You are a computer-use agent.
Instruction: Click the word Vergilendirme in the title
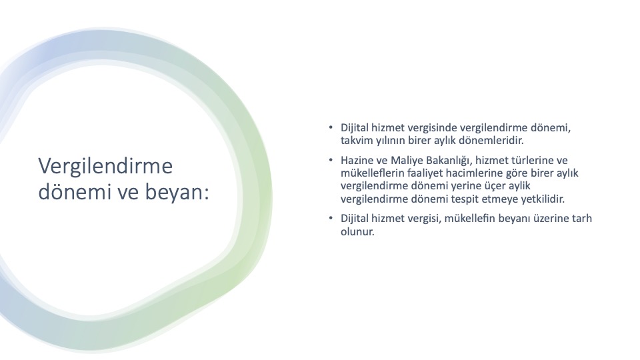[x=105, y=167]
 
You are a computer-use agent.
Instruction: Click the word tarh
[x=582, y=219]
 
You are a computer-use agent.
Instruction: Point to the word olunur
[x=357, y=232]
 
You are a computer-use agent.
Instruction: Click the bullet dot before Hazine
[x=331, y=159]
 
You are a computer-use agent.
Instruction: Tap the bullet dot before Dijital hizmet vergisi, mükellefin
[x=331, y=218]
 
